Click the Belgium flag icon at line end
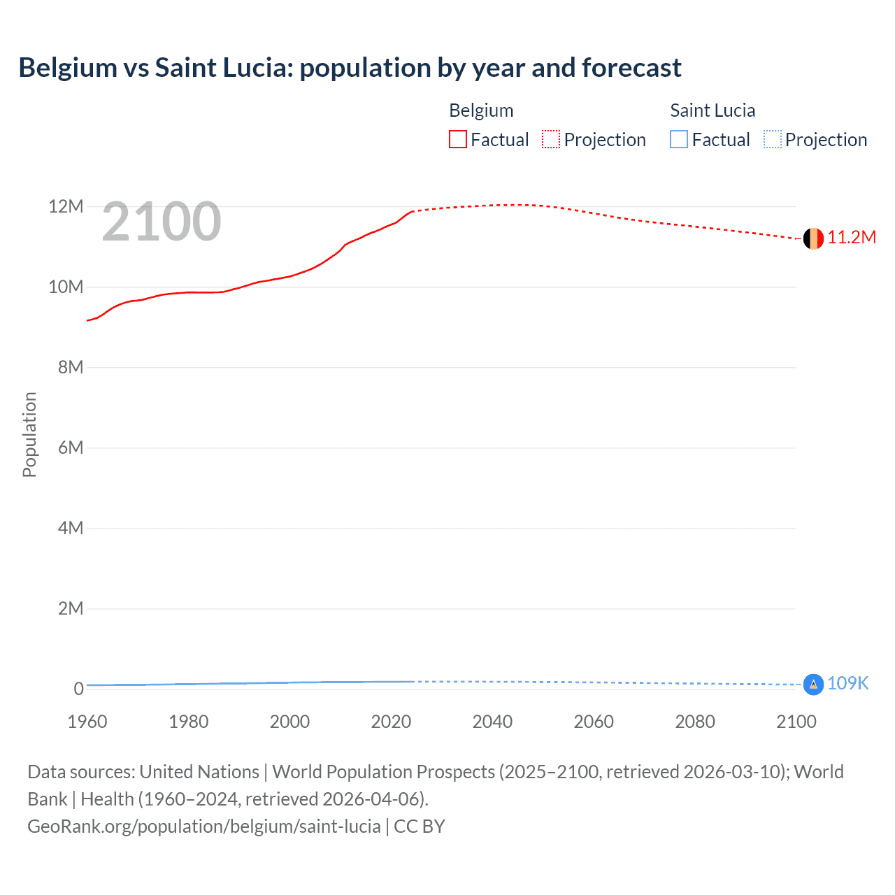pyautogui.click(x=812, y=238)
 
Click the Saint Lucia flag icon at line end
pyautogui.click(x=813, y=684)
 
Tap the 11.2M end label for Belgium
pyautogui.click(x=852, y=238)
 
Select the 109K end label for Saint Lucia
pyautogui.click(x=847, y=683)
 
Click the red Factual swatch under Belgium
pyautogui.click(x=457, y=140)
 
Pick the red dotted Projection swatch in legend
pyautogui.click(x=551, y=140)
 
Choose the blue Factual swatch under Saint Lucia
pyautogui.click(x=679, y=140)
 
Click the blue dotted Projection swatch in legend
pyautogui.click(x=773, y=140)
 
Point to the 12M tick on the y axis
pyautogui.click(x=66, y=207)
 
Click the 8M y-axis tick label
pyautogui.click(x=70, y=368)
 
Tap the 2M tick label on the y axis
pyautogui.click(x=70, y=609)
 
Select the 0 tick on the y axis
pyautogui.click(x=78, y=689)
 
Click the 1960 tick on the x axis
pyautogui.click(x=87, y=722)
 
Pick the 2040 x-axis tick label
pyautogui.click(x=492, y=722)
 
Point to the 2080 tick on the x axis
pyautogui.click(x=695, y=722)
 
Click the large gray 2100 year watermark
pyautogui.click(x=162, y=222)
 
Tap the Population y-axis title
pyautogui.click(x=29, y=435)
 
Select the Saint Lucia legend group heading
pyautogui.click(x=713, y=110)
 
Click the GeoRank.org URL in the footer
pyautogui.click(x=204, y=826)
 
